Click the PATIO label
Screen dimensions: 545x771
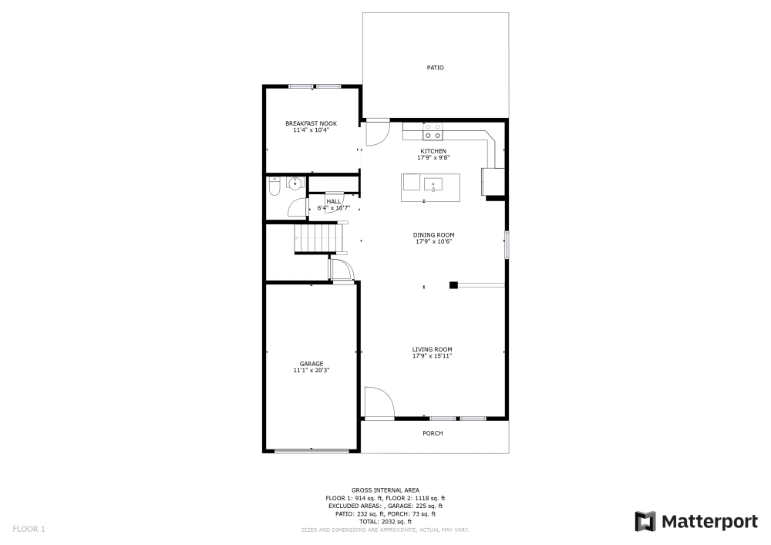click(436, 68)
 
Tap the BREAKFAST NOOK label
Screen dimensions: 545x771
click(311, 123)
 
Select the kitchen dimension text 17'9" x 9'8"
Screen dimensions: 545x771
click(433, 157)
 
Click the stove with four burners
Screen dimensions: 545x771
click(433, 130)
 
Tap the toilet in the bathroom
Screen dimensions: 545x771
click(274, 186)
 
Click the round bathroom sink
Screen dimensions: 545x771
click(294, 183)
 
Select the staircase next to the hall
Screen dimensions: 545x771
click(317, 237)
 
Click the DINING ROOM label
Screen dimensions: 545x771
click(434, 234)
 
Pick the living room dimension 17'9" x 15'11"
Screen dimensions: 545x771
click(432, 356)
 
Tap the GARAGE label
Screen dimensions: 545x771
click(311, 364)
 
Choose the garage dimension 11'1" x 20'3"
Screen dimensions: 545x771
click(311, 371)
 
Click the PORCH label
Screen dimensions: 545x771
click(433, 433)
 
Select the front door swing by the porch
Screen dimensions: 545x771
click(379, 403)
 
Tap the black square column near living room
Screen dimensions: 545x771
click(454, 285)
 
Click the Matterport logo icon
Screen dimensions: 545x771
click(645, 522)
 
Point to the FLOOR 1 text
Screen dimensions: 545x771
click(29, 529)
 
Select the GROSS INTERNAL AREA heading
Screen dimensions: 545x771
click(385, 490)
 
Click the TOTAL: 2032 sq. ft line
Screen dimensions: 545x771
click(385, 522)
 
